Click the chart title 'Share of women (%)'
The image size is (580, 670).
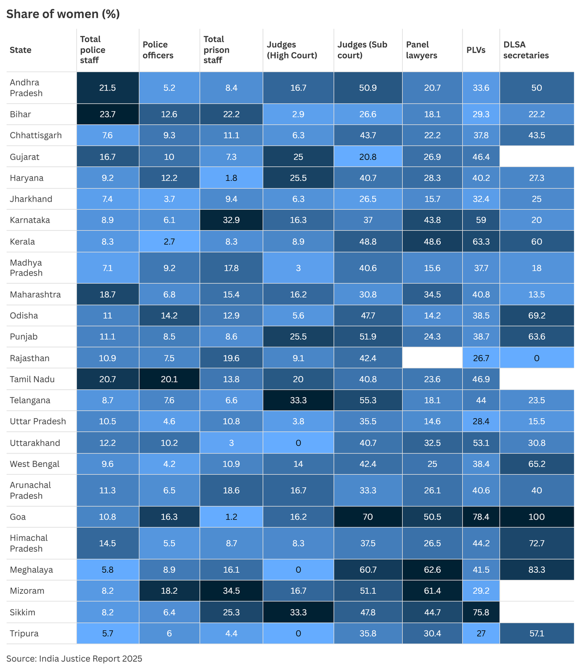point(63,14)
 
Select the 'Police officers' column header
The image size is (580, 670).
point(158,50)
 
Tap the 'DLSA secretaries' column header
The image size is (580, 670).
point(526,50)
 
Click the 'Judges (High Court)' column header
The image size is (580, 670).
point(292,50)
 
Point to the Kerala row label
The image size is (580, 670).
point(22,241)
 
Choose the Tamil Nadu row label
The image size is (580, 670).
point(32,379)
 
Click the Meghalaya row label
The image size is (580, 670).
point(31,569)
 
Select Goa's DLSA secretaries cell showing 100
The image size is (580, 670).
point(536,517)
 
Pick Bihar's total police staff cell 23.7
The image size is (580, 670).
point(107,114)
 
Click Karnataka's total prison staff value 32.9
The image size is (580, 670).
point(231,220)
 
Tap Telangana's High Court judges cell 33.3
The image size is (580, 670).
point(298,400)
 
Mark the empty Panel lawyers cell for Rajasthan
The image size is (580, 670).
point(432,358)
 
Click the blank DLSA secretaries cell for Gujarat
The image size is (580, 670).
point(536,157)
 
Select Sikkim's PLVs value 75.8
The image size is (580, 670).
point(481,612)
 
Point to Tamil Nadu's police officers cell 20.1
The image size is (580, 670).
point(169,379)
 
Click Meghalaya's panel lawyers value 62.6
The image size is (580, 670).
point(432,569)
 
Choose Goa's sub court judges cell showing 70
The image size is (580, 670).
point(368,517)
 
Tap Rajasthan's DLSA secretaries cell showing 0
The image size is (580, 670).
point(536,358)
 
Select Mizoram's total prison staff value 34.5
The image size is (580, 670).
point(231,591)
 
